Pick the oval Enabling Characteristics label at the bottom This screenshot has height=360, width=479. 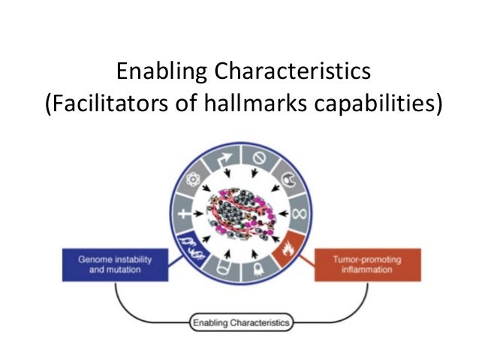click(240, 322)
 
